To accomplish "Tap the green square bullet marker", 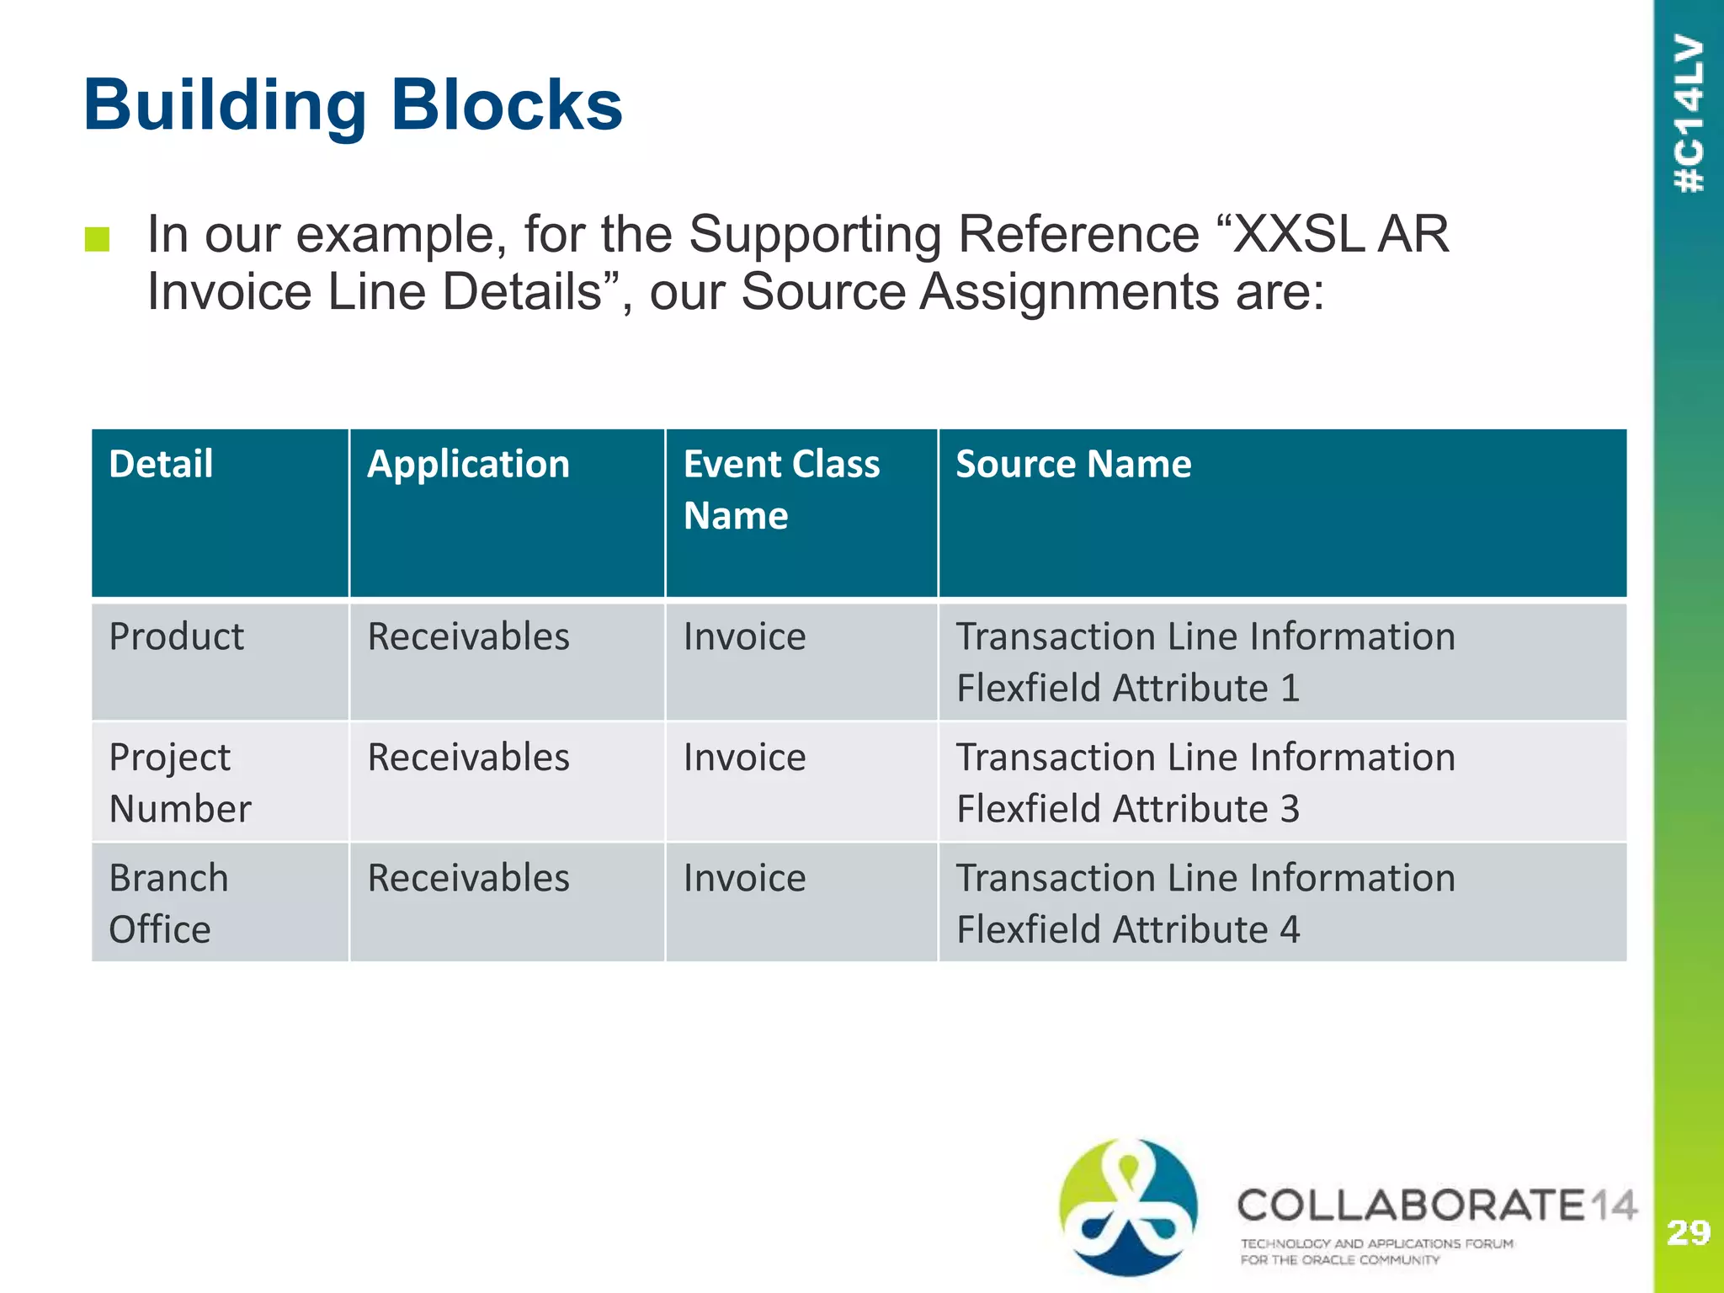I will pyautogui.click(x=98, y=239).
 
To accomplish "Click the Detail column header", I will pyautogui.click(x=161, y=465).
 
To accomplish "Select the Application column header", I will pyautogui.click(x=468, y=465).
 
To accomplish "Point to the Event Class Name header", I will pyautogui.click(x=780, y=489).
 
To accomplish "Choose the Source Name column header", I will pyautogui.click(x=1073, y=465).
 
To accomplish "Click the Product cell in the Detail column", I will pyautogui.click(x=176, y=636).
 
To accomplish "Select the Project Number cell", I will pyautogui.click(x=179, y=782).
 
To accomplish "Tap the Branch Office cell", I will pyautogui.click(x=168, y=903).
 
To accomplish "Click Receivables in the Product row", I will pyautogui.click(x=468, y=636).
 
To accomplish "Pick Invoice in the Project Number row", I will pyautogui.click(x=744, y=758).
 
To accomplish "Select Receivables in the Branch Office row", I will pyautogui.click(x=468, y=878).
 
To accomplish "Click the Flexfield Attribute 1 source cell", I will pyautogui.click(x=1205, y=662).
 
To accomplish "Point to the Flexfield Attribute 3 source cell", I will pyautogui.click(x=1205, y=782).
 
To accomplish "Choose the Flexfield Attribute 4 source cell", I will pyautogui.click(x=1205, y=903).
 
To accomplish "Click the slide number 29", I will pyautogui.click(x=1688, y=1233).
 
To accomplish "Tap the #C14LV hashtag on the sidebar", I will pyautogui.click(x=1689, y=114).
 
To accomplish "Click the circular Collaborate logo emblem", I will pyautogui.click(x=1127, y=1206).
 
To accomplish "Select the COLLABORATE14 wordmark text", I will pyautogui.click(x=1436, y=1205).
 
